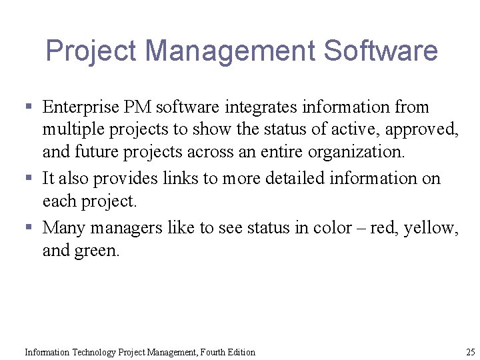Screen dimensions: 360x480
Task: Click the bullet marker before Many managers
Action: click(x=29, y=228)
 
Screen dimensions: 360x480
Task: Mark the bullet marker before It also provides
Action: click(x=29, y=179)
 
